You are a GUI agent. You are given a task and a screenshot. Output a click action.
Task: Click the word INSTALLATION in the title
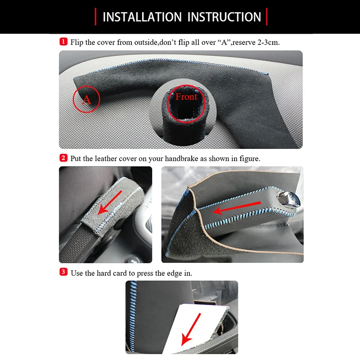point(142,17)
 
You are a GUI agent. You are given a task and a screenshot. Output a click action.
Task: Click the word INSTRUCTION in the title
point(224,17)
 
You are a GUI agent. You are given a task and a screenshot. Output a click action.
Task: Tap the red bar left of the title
point(95,17)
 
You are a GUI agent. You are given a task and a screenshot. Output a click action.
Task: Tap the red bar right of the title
point(267,17)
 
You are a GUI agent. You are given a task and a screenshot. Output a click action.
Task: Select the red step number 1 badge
point(63,42)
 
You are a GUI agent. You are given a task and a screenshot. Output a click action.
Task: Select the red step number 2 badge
point(63,158)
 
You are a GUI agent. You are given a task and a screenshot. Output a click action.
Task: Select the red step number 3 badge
point(63,273)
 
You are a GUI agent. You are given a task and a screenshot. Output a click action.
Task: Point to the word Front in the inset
point(186,97)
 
